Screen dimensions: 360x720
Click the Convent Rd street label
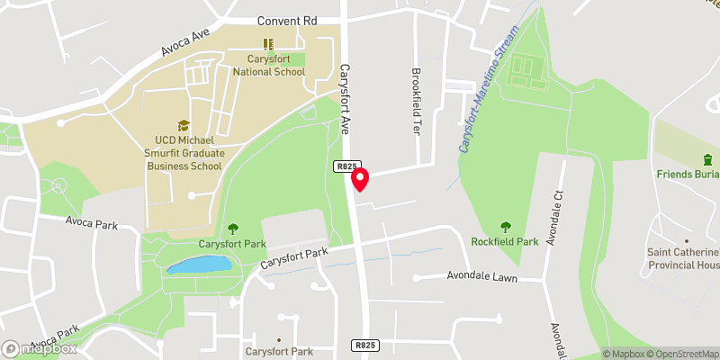288,20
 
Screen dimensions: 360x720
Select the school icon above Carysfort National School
267,43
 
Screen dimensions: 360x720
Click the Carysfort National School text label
267,64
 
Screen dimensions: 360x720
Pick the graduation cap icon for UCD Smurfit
184,126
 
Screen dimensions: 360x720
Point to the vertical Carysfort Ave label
345,99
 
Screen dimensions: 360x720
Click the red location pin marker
360,179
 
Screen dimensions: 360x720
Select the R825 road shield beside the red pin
347,166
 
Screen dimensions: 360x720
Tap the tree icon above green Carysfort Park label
232,229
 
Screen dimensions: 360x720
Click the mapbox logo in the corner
40,348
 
